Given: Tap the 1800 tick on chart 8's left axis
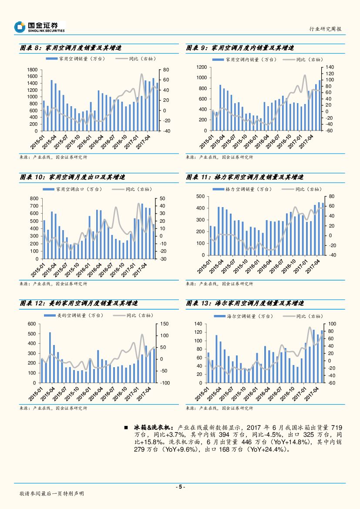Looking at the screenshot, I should click(x=33, y=70).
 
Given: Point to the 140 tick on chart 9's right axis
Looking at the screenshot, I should click(x=329, y=67).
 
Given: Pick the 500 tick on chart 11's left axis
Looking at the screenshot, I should click(x=200, y=197).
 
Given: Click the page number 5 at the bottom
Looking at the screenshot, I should click(x=180, y=487).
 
